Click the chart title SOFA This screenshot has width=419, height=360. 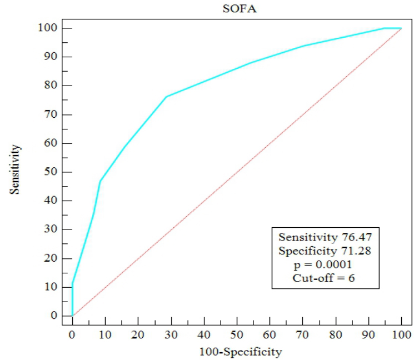point(240,9)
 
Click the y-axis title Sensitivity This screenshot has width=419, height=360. point(15,169)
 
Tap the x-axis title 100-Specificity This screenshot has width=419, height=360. point(241,352)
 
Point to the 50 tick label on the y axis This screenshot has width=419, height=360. point(51,172)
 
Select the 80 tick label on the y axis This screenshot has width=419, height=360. point(51,85)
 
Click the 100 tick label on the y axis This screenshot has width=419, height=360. point(47,28)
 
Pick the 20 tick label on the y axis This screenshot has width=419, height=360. point(51,258)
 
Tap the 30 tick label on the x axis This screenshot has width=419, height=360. point(171,334)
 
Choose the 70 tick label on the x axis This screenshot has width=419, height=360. point(302,334)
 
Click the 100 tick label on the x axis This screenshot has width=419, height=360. point(401,334)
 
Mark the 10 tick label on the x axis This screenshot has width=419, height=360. point(105,334)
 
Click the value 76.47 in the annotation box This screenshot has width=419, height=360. point(357,237)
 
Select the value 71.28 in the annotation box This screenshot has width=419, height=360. point(356,251)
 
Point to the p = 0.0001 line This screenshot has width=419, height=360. point(323,264)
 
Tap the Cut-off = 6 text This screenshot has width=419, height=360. point(323,278)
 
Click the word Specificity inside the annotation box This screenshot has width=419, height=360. point(307,251)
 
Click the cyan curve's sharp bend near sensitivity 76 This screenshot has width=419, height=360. point(166,97)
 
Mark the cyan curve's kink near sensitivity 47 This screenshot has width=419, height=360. point(100,181)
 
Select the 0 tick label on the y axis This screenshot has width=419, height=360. point(54,316)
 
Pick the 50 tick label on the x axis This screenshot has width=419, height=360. point(237,334)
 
